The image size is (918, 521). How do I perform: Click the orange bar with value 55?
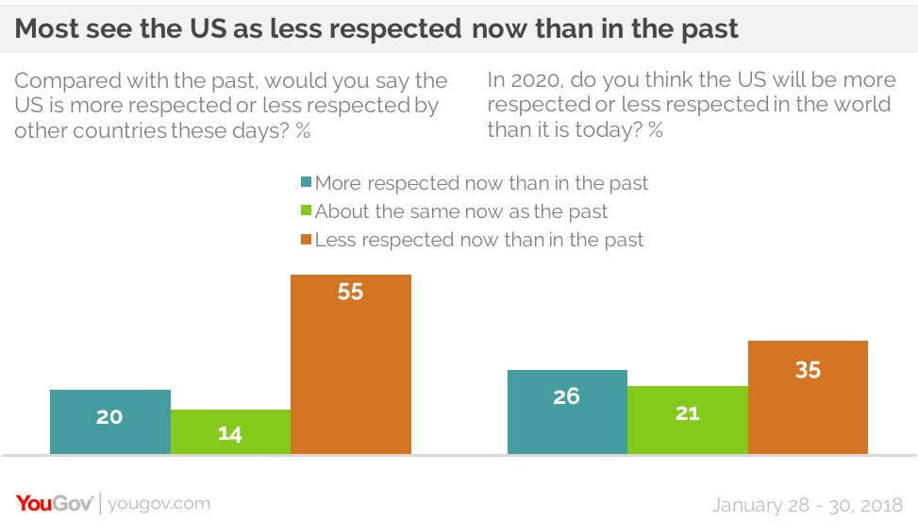pos(350,363)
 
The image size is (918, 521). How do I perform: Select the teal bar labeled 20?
pos(109,421)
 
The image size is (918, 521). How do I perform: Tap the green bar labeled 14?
pos(230,431)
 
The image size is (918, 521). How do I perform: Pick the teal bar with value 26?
pos(566,412)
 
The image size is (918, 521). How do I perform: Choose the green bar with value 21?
pos(687,419)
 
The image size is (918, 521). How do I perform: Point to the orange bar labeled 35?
pos(808,396)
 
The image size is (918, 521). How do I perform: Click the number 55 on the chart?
pos(350,293)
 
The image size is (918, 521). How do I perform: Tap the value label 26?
pos(566,396)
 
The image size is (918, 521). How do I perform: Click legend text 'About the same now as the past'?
pos(461,212)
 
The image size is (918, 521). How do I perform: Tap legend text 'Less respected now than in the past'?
pos(479,241)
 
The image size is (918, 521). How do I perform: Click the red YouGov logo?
pos(54,503)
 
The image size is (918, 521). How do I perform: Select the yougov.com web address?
pos(159,504)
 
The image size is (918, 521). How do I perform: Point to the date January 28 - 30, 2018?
pos(807,504)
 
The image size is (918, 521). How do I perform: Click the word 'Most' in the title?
pos(46,29)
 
